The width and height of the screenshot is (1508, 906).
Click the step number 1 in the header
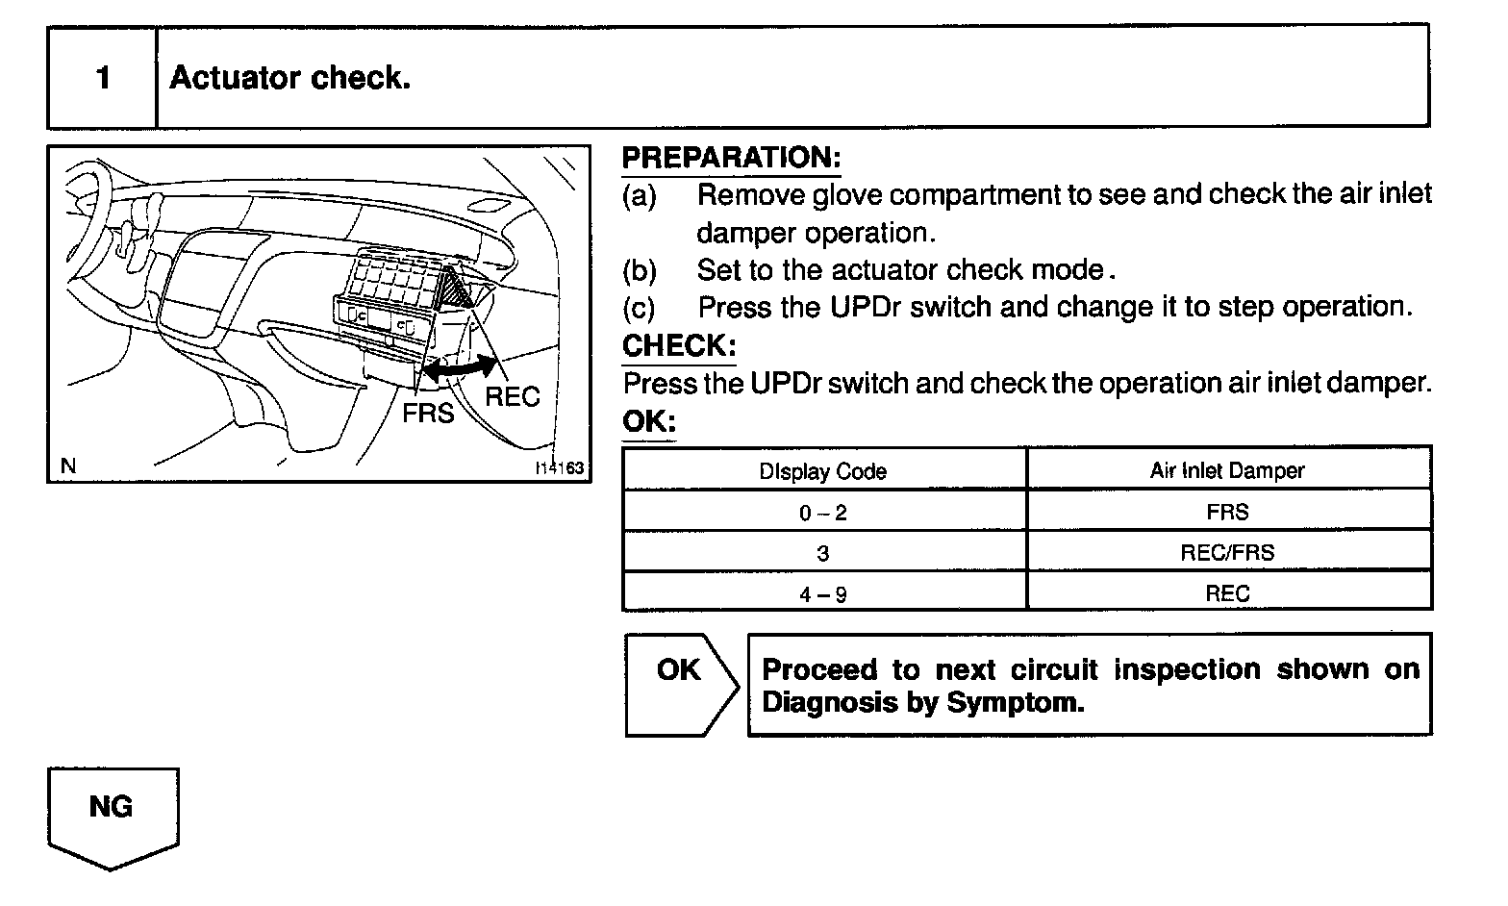(103, 77)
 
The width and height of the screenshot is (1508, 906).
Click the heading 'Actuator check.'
(289, 77)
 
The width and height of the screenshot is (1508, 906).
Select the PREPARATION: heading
(731, 157)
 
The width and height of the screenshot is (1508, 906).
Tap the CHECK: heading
(679, 345)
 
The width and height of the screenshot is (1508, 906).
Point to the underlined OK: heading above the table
(648, 421)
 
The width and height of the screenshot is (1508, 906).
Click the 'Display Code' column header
(823, 471)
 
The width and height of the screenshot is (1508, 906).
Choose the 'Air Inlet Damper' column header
(1227, 470)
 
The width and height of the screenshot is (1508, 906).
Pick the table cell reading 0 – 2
(823, 513)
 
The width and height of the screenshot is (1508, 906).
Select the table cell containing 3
(823, 553)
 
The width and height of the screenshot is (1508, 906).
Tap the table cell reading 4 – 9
(823, 593)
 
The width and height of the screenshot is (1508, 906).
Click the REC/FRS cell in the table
(1227, 553)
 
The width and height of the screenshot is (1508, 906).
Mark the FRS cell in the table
(1227, 512)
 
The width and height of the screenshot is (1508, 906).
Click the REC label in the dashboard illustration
(512, 396)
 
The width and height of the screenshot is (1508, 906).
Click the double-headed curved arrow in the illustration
(461, 368)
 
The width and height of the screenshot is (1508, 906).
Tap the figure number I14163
(560, 468)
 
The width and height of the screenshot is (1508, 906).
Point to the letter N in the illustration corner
(68, 466)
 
